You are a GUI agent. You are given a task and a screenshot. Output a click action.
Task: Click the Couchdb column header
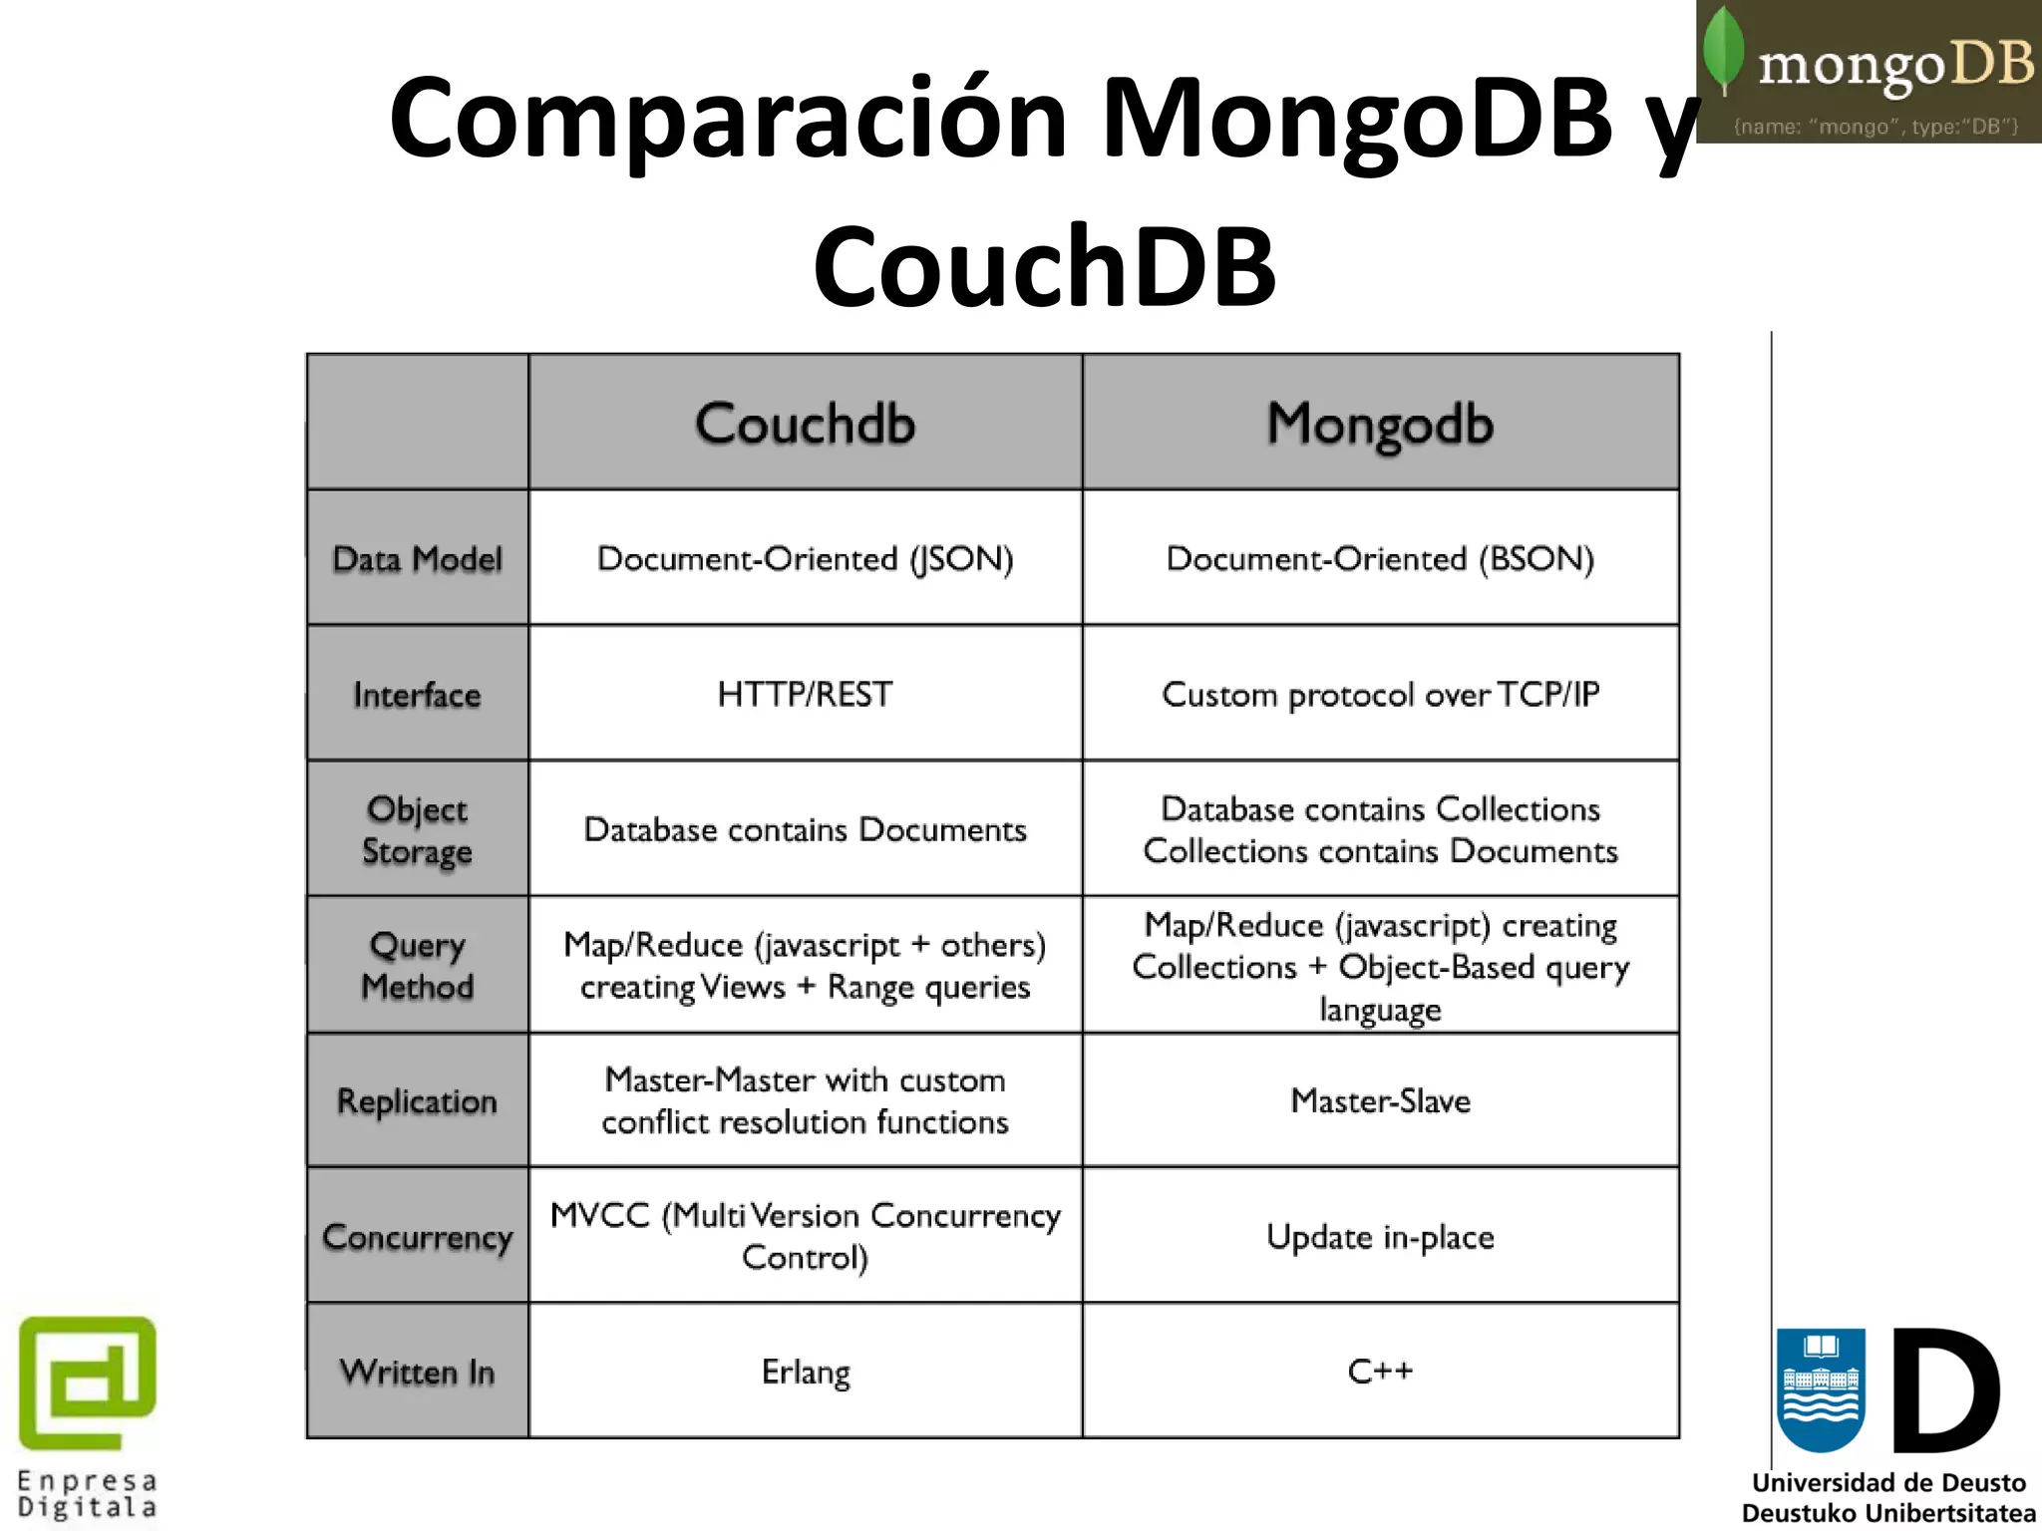point(805,424)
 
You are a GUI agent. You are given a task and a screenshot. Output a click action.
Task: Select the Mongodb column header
point(1380,424)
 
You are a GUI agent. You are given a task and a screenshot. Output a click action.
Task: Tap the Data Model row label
point(417,559)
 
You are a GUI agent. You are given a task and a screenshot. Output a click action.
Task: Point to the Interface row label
point(417,695)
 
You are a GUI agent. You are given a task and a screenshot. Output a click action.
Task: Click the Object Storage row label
point(417,830)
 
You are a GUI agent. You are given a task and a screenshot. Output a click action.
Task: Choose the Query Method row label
point(417,965)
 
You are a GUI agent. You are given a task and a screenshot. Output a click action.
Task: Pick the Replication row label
point(417,1101)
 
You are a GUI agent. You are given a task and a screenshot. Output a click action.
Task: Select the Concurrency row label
point(417,1237)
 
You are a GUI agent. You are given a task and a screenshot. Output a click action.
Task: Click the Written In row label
point(417,1373)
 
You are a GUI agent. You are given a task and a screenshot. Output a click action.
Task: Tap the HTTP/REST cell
point(805,695)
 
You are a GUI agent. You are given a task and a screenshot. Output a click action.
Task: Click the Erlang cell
point(805,1373)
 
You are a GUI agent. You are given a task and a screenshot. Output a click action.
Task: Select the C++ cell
point(1380,1372)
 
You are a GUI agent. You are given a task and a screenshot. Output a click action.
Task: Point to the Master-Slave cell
point(1380,1101)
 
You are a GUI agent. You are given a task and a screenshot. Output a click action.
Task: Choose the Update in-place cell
point(1380,1237)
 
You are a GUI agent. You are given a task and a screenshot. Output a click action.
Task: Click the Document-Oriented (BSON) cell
point(1380,559)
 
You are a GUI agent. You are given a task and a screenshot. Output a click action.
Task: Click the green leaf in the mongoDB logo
point(1724,50)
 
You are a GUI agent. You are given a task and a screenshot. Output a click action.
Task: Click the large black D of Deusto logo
point(1945,1390)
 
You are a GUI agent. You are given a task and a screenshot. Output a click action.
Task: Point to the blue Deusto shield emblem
point(1821,1389)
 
